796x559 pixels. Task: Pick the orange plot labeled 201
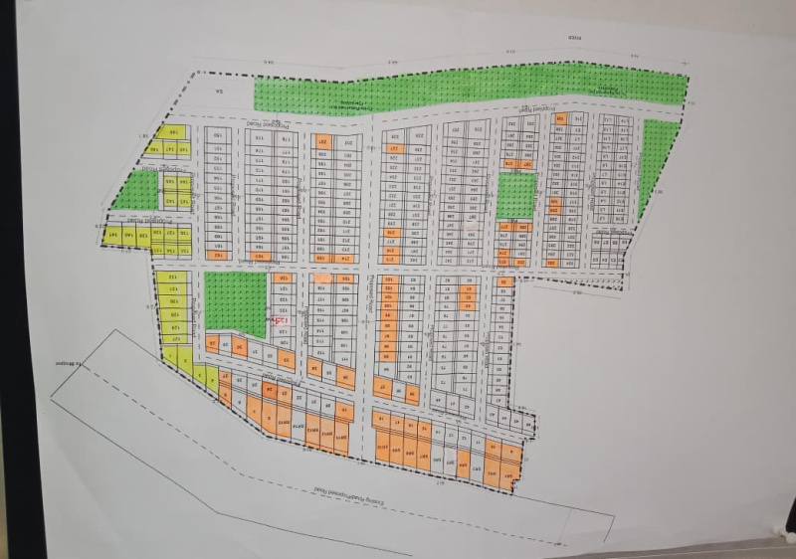pyautogui.click(x=322, y=142)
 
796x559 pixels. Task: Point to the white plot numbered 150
pyautogui.click(x=218, y=136)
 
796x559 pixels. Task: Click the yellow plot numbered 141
pyautogui.click(x=115, y=235)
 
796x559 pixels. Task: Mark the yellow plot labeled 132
pyautogui.click(x=173, y=278)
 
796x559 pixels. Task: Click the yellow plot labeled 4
pyautogui.click(x=212, y=377)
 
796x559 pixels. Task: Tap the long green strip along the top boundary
pyautogui.click(x=468, y=88)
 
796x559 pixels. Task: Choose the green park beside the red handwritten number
pyautogui.click(x=235, y=302)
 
